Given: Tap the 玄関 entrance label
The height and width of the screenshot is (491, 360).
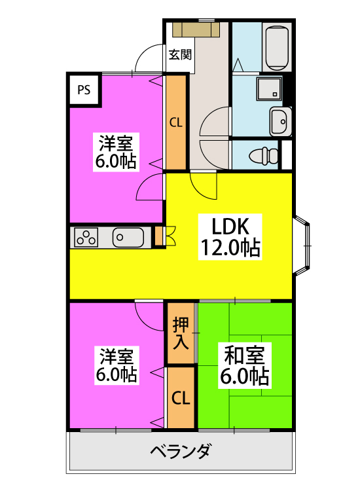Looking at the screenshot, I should coord(180,54).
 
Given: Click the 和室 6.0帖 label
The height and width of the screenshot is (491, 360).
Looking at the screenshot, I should coord(245,365).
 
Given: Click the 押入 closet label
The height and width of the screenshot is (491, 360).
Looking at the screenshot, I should coord(181,332).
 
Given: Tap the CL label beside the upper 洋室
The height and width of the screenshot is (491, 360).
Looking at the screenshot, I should coord(175,122).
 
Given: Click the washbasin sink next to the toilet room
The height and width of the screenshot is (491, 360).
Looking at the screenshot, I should coord(280,120).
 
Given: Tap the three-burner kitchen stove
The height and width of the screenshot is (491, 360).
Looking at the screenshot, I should coord(86,236).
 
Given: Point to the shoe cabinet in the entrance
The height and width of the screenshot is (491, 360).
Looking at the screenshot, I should coord(196,29).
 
